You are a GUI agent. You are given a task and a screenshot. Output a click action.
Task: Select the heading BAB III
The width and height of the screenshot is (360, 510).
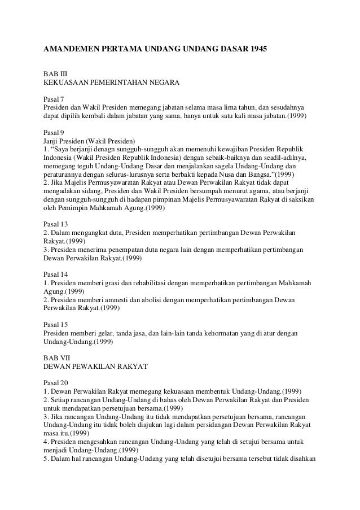coord(55,73)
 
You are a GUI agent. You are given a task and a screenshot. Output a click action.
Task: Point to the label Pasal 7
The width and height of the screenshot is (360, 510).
coord(54,98)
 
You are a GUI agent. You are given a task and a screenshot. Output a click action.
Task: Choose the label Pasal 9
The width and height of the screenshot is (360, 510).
coord(54,131)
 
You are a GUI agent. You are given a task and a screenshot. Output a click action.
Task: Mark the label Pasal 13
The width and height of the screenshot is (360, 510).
coord(56,223)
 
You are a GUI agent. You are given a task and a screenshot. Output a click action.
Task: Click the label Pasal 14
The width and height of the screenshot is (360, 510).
coord(56,272)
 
